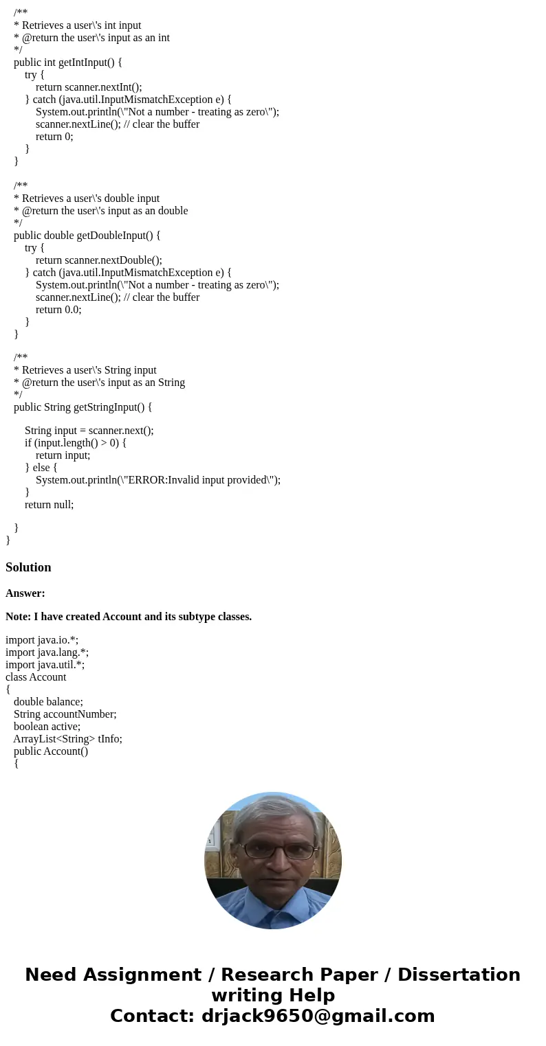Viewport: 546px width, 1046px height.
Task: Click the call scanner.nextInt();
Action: (x=103, y=87)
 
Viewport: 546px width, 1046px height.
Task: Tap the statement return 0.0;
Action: (x=58, y=310)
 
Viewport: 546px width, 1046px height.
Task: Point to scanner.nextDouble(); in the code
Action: (x=113, y=260)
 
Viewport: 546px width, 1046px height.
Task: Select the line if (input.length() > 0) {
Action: (x=76, y=443)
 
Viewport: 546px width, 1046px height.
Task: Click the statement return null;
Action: (x=49, y=505)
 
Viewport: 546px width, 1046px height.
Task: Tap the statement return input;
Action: (x=63, y=455)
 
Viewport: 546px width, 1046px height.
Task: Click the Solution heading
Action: (x=28, y=567)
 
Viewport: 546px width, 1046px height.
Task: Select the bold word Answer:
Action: (x=25, y=593)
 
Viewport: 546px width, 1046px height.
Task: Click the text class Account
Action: (x=36, y=677)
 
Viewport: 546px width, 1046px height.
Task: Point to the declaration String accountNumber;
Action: (x=65, y=714)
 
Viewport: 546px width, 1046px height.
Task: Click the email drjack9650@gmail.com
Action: (x=318, y=1016)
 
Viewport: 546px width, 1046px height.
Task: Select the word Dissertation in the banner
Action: (x=459, y=975)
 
